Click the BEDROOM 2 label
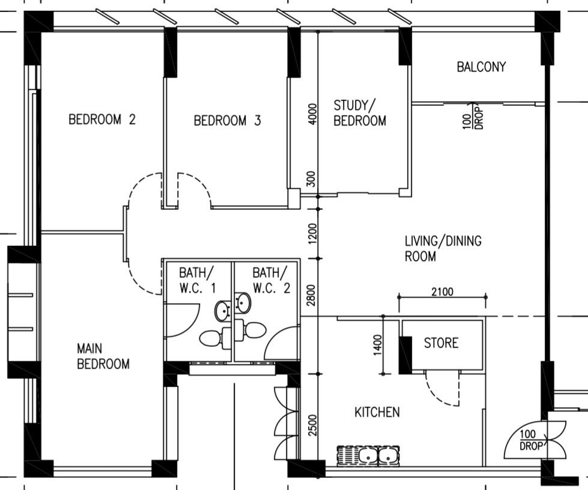[102, 119]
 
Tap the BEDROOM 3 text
[227, 121]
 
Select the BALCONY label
[481, 67]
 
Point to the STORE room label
[441, 343]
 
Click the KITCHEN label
[377, 412]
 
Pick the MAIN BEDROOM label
[103, 356]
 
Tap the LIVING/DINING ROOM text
[443, 249]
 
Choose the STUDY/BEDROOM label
[360, 113]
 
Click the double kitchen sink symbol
[368, 455]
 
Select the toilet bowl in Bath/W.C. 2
[253, 330]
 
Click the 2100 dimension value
[443, 292]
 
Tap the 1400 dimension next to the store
[378, 346]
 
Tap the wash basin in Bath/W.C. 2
[243, 302]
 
